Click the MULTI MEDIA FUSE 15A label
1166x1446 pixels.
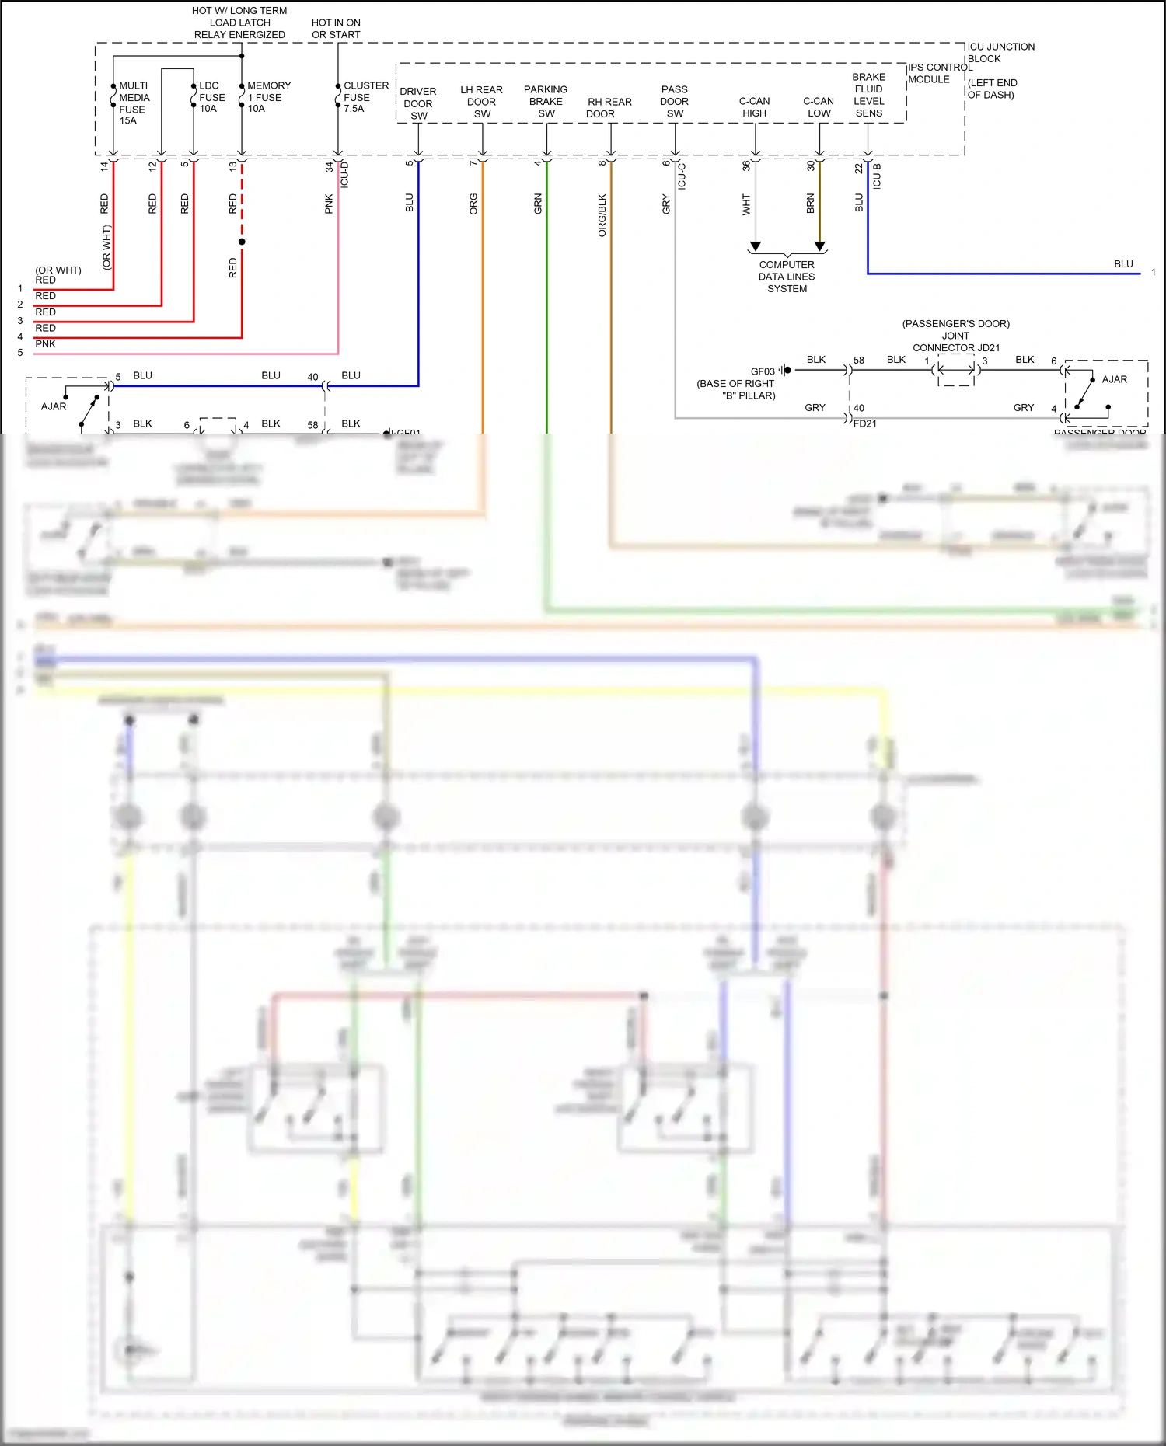(134, 103)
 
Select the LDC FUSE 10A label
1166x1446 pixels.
(211, 97)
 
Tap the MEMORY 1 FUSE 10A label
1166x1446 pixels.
(268, 97)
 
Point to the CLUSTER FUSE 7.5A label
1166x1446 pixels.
(365, 97)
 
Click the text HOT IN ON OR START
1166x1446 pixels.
(336, 29)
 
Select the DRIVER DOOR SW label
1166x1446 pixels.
(418, 103)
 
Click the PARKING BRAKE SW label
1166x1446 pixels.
(546, 102)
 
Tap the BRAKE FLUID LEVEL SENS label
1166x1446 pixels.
(868, 96)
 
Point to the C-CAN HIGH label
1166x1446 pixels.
(754, 107)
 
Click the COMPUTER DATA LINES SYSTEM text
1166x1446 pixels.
(787, 277)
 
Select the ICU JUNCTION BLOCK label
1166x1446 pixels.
(1000, 53)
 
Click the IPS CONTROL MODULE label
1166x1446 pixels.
(939, 73)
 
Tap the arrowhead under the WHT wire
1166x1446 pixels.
(755, 246)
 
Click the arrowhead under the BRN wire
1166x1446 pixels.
(819, 246)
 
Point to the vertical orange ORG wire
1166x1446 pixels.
(483, 311)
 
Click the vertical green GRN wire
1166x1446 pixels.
(546, 311)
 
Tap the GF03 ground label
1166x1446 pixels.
(763, 371)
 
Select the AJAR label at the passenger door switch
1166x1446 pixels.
(1114, 379)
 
